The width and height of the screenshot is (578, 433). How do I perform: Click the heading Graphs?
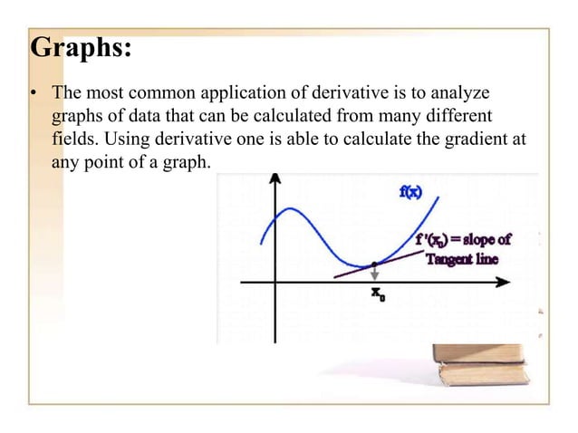tap(82, 47)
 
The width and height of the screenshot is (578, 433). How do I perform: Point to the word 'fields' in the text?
tap(72, 140)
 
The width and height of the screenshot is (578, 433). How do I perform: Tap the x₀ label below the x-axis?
tap(376, 293)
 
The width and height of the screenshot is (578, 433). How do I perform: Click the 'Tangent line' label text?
tap(463, 258)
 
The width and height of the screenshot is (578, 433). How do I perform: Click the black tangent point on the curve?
tap(374, 265)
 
